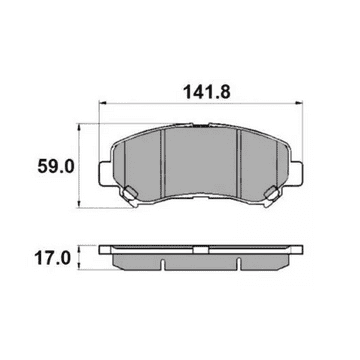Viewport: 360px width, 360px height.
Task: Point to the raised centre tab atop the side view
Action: [x=201, y=244]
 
